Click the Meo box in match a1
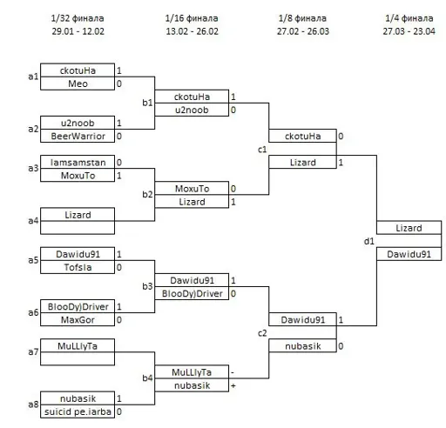point(78,84)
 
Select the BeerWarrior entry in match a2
point(78,136)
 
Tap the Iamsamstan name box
point(78,162)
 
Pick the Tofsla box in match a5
point(78,267)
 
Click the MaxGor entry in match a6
point(78,319)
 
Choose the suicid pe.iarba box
point(78,411)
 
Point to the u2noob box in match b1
point(192,110)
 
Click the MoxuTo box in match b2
point(192,188)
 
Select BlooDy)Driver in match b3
point(192,293)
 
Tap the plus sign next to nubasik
point(233,385)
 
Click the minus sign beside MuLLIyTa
point(233,372)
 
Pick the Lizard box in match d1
point(409,228)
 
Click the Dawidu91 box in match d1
point(409,254)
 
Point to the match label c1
point(262,150)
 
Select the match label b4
point(147,378)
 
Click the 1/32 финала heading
point(78,18)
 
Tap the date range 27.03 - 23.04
point(409,31)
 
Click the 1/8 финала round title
point(302,18)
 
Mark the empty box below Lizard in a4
point(78,228)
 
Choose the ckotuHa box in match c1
point(302,136)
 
